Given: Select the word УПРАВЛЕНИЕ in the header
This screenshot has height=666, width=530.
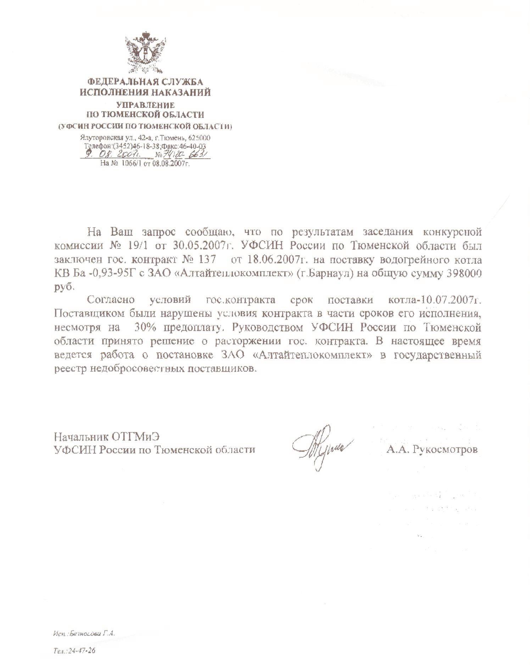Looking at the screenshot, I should [x=146, y=105].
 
